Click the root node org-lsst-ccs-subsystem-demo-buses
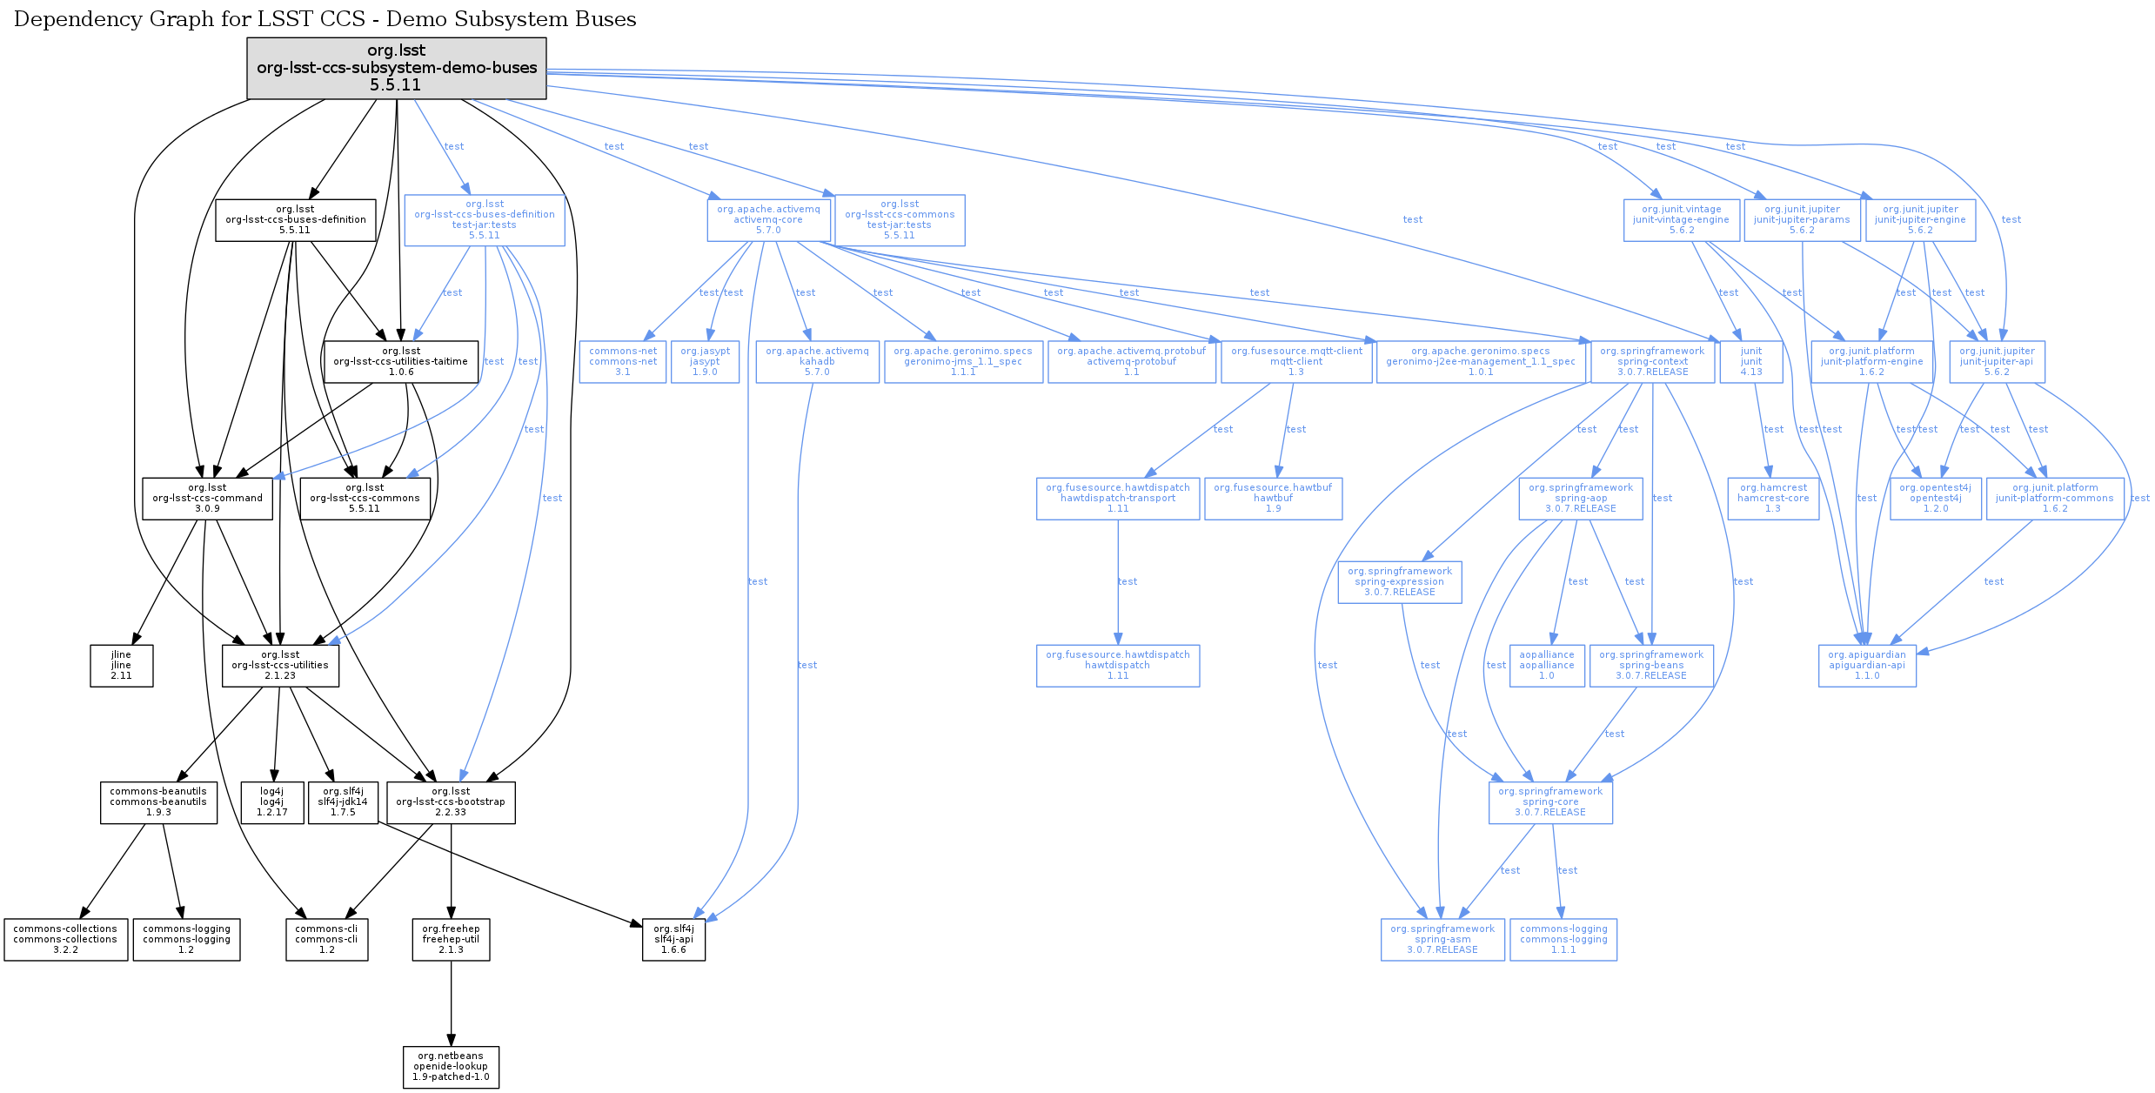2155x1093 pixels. click(x=396, y=68)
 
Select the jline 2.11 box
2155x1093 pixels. click(x=121, y=666)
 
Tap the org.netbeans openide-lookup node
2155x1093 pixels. click(x=451, y=1067)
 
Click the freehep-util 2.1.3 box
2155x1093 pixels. click(x=451, y=940)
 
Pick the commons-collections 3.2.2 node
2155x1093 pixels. click(x=65, y=940)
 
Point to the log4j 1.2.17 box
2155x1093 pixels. click(x=271, y=802)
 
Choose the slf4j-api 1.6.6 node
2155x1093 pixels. click(x=673, y=940)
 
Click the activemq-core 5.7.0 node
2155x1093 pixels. click(x=768, y=220)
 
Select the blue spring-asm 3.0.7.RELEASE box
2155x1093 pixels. click(x=1442, y=940)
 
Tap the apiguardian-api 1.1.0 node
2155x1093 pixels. click(x=1866, y=666)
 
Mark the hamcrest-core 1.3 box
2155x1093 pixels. click(x=1772, y=499)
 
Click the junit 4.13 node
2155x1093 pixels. click(x=1750, y=362)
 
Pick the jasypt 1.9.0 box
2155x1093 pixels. click(x=705, y=362)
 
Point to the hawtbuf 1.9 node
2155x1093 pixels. click(x=1273, y=499)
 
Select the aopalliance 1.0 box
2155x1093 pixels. click(x=1546, y=666)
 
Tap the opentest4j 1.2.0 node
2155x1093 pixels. click(x=1935, y=499)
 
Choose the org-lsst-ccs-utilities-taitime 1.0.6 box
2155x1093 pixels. click(x=400, y=362)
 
